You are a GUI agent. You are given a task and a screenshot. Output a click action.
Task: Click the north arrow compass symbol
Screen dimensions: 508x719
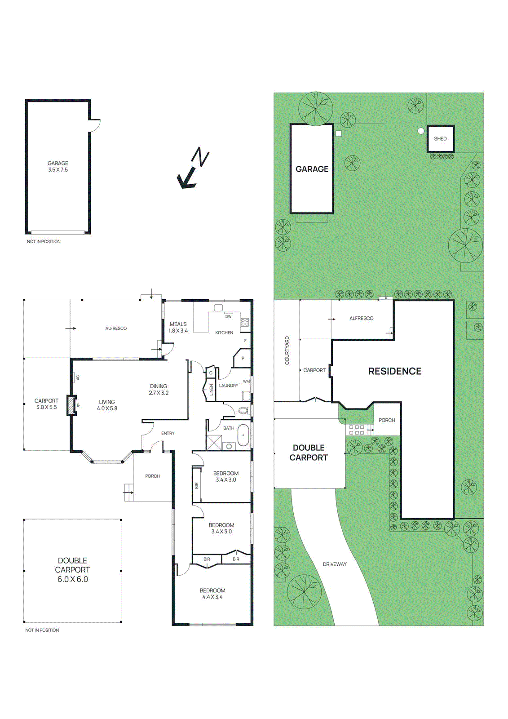coord(193,168)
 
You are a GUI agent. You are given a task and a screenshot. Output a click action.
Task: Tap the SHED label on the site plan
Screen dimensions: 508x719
coord(440,139)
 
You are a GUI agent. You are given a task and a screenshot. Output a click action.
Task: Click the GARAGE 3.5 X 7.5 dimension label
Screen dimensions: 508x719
coord(58,166)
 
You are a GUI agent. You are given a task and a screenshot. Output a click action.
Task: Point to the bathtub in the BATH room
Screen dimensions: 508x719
coord(243,435)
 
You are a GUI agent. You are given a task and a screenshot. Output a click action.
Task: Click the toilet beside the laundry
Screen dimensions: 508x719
coord(243,411)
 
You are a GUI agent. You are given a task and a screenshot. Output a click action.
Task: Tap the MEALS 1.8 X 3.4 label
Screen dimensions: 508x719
coord(178,327)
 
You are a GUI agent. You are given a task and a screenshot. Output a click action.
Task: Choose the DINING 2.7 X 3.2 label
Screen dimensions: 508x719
coord(159,389)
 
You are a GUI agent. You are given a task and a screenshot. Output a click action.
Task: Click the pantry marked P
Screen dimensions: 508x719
coord(243,358)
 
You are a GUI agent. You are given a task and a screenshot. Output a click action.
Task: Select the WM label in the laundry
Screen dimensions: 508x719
coord(246,382)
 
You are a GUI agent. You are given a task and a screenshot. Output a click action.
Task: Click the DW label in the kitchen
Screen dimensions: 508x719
coord(228,316)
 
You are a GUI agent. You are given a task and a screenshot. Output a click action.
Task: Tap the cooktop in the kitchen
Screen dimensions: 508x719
coord(244,322)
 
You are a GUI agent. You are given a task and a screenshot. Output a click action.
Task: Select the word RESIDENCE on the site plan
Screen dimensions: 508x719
coord(395,371)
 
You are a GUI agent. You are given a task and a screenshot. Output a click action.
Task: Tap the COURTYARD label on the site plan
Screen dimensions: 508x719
coord(287,350)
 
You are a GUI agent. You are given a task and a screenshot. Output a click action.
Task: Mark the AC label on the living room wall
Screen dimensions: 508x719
coord(78,378)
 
